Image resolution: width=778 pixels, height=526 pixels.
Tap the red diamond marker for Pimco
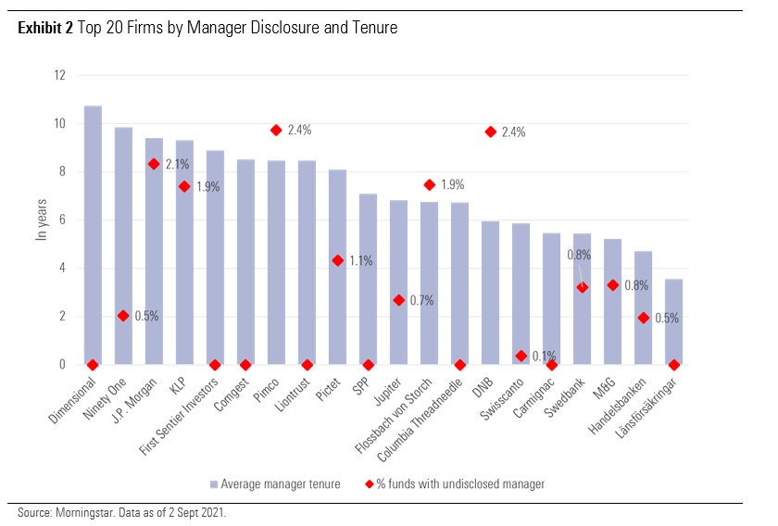[x=276, y=131]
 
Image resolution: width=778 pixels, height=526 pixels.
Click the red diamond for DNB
[x=490, y=131]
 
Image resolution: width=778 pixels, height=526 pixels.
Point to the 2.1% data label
[x=178, y=165]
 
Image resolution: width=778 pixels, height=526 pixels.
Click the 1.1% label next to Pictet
[x=360, y=261]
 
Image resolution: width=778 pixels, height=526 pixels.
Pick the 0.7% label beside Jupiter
[x=421, y=301]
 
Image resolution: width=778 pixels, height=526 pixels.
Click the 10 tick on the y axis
[x=60, y=124]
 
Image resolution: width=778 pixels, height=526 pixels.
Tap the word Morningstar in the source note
[x=75, y=513]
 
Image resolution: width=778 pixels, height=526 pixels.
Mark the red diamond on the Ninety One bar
[x=123, y=316]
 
